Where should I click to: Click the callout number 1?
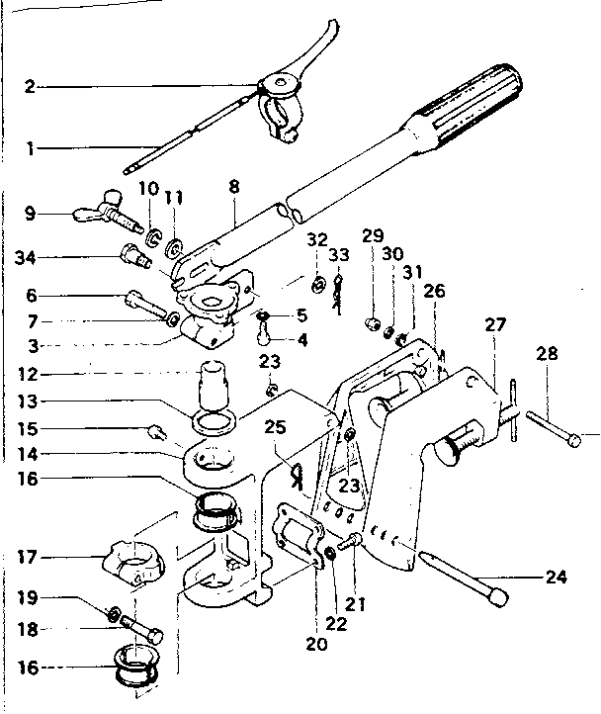[31, 148]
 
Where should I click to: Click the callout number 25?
[276, 428]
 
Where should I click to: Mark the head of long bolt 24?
[495, 597]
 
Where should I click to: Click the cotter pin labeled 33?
[339, 295]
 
